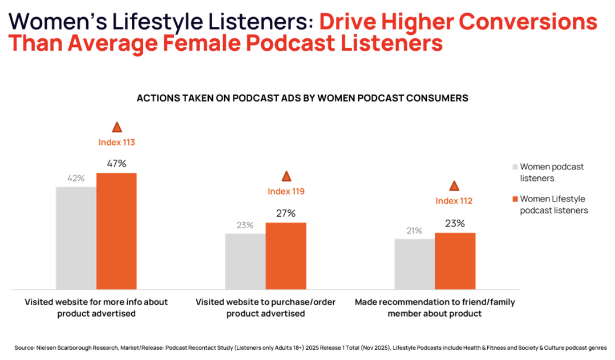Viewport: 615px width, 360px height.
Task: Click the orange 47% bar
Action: [116, 230]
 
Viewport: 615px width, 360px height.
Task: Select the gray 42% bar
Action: [76, 237]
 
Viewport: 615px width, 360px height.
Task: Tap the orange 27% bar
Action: [286, 256]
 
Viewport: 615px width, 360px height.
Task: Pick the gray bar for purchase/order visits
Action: [245, 261]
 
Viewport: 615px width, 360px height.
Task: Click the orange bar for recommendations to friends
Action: [455, 261]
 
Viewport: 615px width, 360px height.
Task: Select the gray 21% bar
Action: [414, 264]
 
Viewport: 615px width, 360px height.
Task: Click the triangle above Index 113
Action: [117, 127]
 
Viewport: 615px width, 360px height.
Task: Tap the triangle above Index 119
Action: [286, 176]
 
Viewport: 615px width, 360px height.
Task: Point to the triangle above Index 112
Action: [454, 185]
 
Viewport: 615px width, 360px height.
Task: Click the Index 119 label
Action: [286, 191]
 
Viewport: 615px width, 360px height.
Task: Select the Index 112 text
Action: [454, 201]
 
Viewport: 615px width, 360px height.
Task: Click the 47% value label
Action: [116, 164]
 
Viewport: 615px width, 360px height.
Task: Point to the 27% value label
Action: [286, 213]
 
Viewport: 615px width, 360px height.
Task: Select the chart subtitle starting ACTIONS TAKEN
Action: [302, 98]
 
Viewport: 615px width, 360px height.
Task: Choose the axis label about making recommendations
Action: [435, 308]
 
